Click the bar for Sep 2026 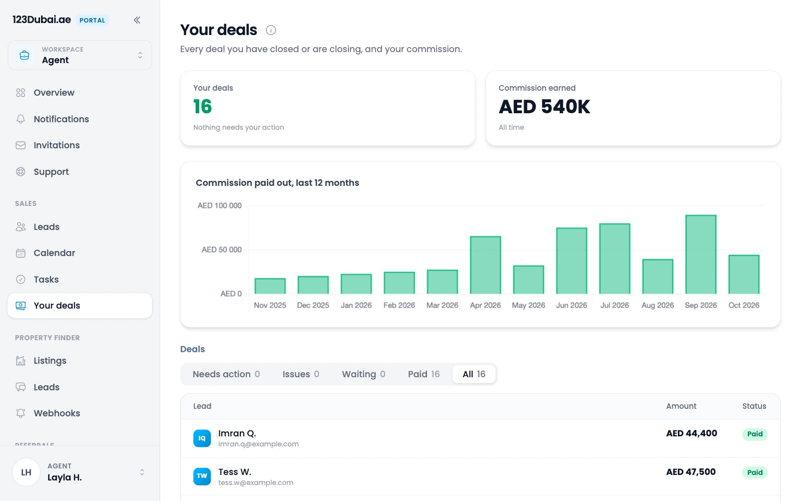[x=700, y=255]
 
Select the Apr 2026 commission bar [x=485, y=265]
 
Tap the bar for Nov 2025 [x=270, y=286]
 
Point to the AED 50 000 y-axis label [x=221, y=249]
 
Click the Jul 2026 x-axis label [x=614, y=305]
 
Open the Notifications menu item [x=61, y=119]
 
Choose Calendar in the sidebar [x=55, y=253]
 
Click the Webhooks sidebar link [x=57, y=413]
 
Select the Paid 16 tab [x=424, y=374]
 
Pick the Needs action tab [x=226, y=374]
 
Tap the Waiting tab [x=363, y=374]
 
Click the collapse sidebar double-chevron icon [x=137, y=20]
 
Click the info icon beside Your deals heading [x=271, y=30]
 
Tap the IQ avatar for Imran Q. [x=202, y=438]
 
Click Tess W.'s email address [x=256, y=482]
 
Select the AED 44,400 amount [x=691, y=433]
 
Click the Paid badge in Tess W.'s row [x=754, y=472]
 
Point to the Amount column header [x=681, y=406]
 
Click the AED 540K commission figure [x=544, y=107]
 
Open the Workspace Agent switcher [x=80, y=55]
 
